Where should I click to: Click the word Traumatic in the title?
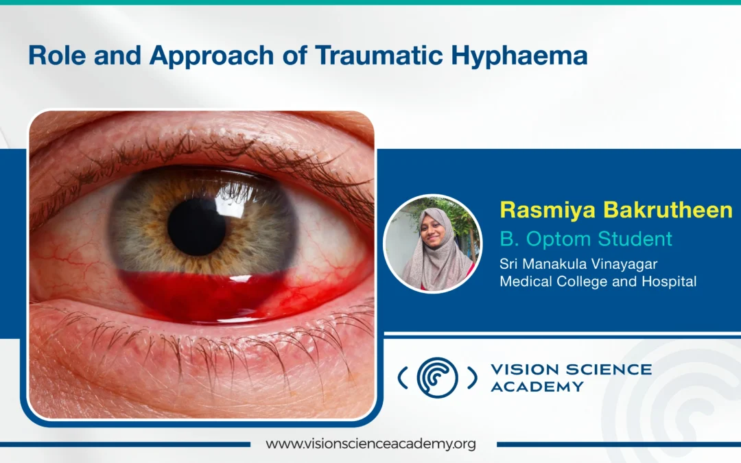(379, 56)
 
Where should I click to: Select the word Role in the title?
(57, 56)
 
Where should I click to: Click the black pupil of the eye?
(197, 227)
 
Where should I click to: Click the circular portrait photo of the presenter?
(432, 244)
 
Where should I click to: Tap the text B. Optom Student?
(586, 239)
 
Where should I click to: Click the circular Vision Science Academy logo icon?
(437, 377)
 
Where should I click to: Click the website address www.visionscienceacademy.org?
(370, 444)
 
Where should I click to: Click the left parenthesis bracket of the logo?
(403, 378)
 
